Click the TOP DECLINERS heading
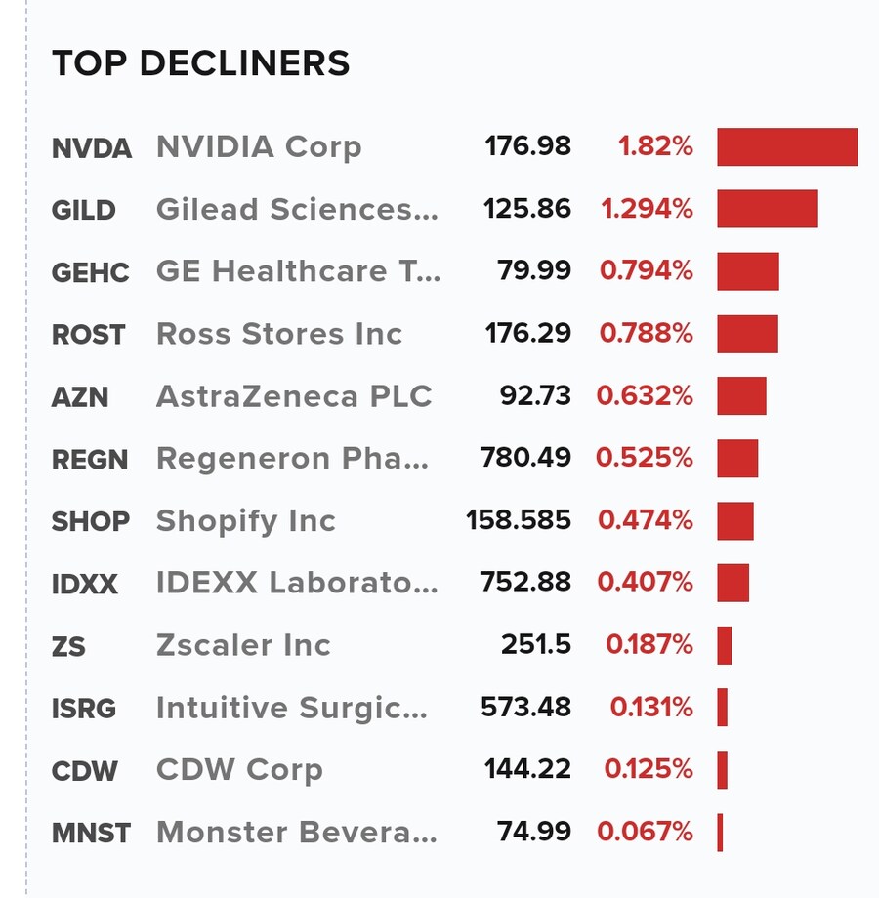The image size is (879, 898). [200, 63]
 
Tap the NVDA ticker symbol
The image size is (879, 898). [91, 148]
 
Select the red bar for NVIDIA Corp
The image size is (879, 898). [787, 147]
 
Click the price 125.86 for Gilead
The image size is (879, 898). [527, 210]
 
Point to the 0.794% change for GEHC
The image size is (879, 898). [647, 271]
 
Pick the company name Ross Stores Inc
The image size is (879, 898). [279, 334]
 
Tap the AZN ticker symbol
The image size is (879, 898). [80, 397]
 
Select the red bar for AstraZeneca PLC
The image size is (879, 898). [741, 396]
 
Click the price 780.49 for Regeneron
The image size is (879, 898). [525, 458]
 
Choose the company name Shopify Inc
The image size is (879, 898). [246, 521]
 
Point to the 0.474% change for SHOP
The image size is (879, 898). [646, 521]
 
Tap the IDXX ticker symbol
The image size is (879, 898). [85, 585]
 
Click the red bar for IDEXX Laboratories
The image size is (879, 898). [732, 583]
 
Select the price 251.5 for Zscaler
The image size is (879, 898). [536, 645]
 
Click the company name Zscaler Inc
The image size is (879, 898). [244, 645]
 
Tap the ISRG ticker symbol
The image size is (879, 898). [85, 709]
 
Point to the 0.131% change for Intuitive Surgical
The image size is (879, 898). [651, 708]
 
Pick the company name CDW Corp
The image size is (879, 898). [239, 770]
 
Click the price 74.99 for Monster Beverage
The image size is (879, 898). [534, 833]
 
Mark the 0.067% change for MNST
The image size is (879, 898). [646, 833]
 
